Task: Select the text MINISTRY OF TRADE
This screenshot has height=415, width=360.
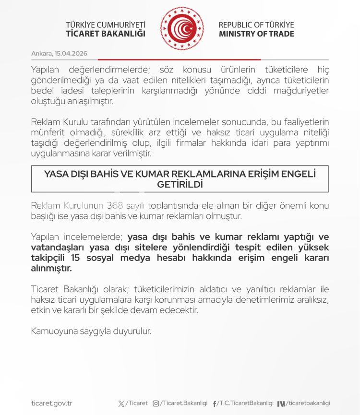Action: [x=256, y=34]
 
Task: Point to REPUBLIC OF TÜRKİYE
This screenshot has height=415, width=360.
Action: [x=256, y=25]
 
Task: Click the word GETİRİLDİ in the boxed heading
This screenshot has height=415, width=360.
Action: [x=180, y=184]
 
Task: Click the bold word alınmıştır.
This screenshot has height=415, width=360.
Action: [x=51, y=269]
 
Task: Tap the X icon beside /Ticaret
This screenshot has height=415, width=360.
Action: [x=121, y=404]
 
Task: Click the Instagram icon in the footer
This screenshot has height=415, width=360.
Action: [x=156, y=404]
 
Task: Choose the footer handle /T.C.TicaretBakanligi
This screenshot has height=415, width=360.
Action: [x=245, y=404]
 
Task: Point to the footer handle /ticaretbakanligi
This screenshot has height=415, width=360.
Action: [x=309, y=404]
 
